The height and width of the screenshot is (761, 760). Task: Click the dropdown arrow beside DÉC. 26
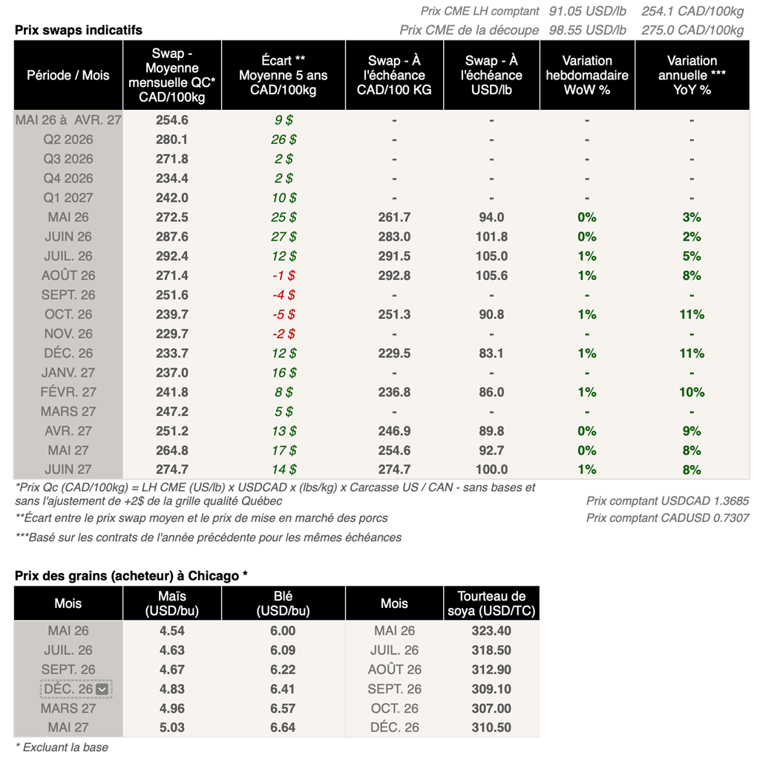point(102,689)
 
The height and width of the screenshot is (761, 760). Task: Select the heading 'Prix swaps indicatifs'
point(79,30)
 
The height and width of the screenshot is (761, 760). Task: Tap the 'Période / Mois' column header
point(68,75)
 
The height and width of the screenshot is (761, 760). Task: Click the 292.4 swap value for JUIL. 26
point(172,256)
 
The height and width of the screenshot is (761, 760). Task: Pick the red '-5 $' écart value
point(284,314)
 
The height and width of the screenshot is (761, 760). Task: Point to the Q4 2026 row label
point(68,178)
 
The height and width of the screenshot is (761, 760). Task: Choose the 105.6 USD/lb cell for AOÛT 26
point(491,275)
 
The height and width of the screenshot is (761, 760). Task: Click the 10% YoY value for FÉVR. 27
point(692,392)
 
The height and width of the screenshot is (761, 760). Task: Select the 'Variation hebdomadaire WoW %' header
point(587,75)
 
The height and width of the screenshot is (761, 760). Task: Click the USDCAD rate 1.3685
point(725,501)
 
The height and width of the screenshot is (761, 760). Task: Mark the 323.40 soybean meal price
point(491,631)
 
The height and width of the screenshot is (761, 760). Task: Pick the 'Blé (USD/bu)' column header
point(283,603)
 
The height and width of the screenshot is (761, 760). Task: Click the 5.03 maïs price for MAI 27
point(172,728)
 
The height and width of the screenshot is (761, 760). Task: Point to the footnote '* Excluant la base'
point(62,747)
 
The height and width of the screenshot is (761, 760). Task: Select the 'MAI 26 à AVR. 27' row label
point(68,120)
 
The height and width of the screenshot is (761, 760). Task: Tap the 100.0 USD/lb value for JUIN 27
point(491,469)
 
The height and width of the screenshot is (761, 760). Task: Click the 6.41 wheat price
point(283,689)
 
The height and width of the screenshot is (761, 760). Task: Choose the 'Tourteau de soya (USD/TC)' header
point(491,603)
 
